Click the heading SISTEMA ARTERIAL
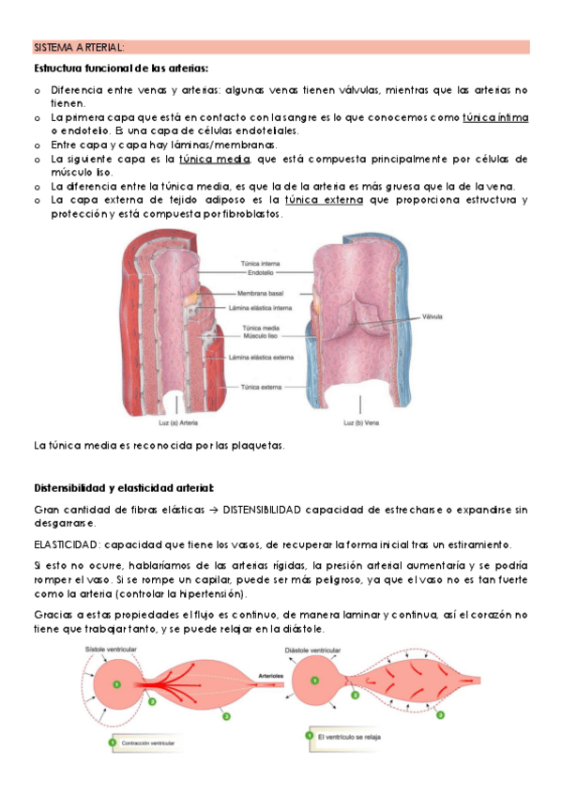[x=79, y=47]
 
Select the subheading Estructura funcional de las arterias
[x=121, y=69]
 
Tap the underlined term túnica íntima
[x=496, y=117]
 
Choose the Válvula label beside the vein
[x=433, y=316]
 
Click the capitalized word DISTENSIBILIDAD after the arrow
[x=268, y=510]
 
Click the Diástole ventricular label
[x=311, y=650]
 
